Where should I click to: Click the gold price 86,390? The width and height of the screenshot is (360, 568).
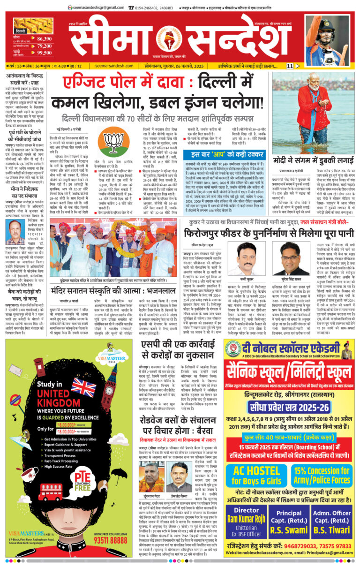(x=44, y=39)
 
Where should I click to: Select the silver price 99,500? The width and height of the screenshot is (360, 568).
(x=44, y=53)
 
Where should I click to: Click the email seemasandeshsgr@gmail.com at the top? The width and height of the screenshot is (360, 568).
(x=96, y=8)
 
